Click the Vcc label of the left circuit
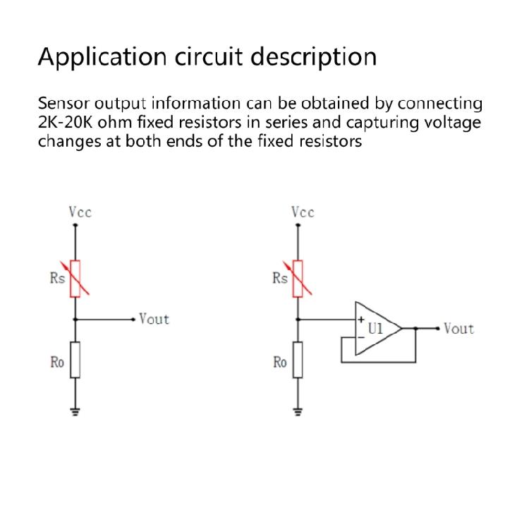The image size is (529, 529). [x=80, y=212]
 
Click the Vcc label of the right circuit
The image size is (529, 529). [x=303, y=212]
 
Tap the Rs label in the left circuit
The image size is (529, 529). [x=57, y=278]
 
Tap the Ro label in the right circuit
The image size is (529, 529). [x=280, y=363]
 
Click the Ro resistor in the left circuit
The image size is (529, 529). [x=75, y=360]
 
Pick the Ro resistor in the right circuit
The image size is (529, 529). [x=297, y=360]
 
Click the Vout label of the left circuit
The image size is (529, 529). [x=154, y=319]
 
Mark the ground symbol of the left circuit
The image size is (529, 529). [x=75, y=411]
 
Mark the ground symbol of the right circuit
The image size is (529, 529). [x=297, y=411]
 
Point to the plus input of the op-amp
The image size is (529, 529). [x=361, y=320]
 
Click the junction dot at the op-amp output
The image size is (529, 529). [x=416, y=329]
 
